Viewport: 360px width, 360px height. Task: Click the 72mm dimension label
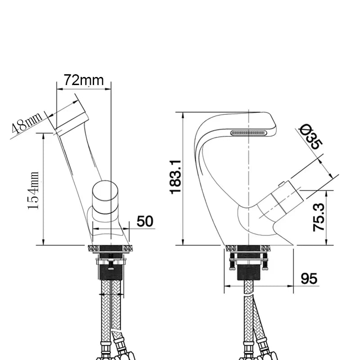tap(84, 80)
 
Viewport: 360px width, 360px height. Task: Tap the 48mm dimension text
tap(27, 122)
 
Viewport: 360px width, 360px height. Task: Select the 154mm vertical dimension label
tap(33, 190)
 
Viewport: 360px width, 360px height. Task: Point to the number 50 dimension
tap(145, 221)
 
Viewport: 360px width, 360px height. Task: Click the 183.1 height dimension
tap(175, 177)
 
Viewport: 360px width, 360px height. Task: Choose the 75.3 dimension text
tap(319, 217)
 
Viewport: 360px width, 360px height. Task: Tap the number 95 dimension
tap(309, 279)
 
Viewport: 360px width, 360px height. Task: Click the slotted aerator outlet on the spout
tap(248, 133)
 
